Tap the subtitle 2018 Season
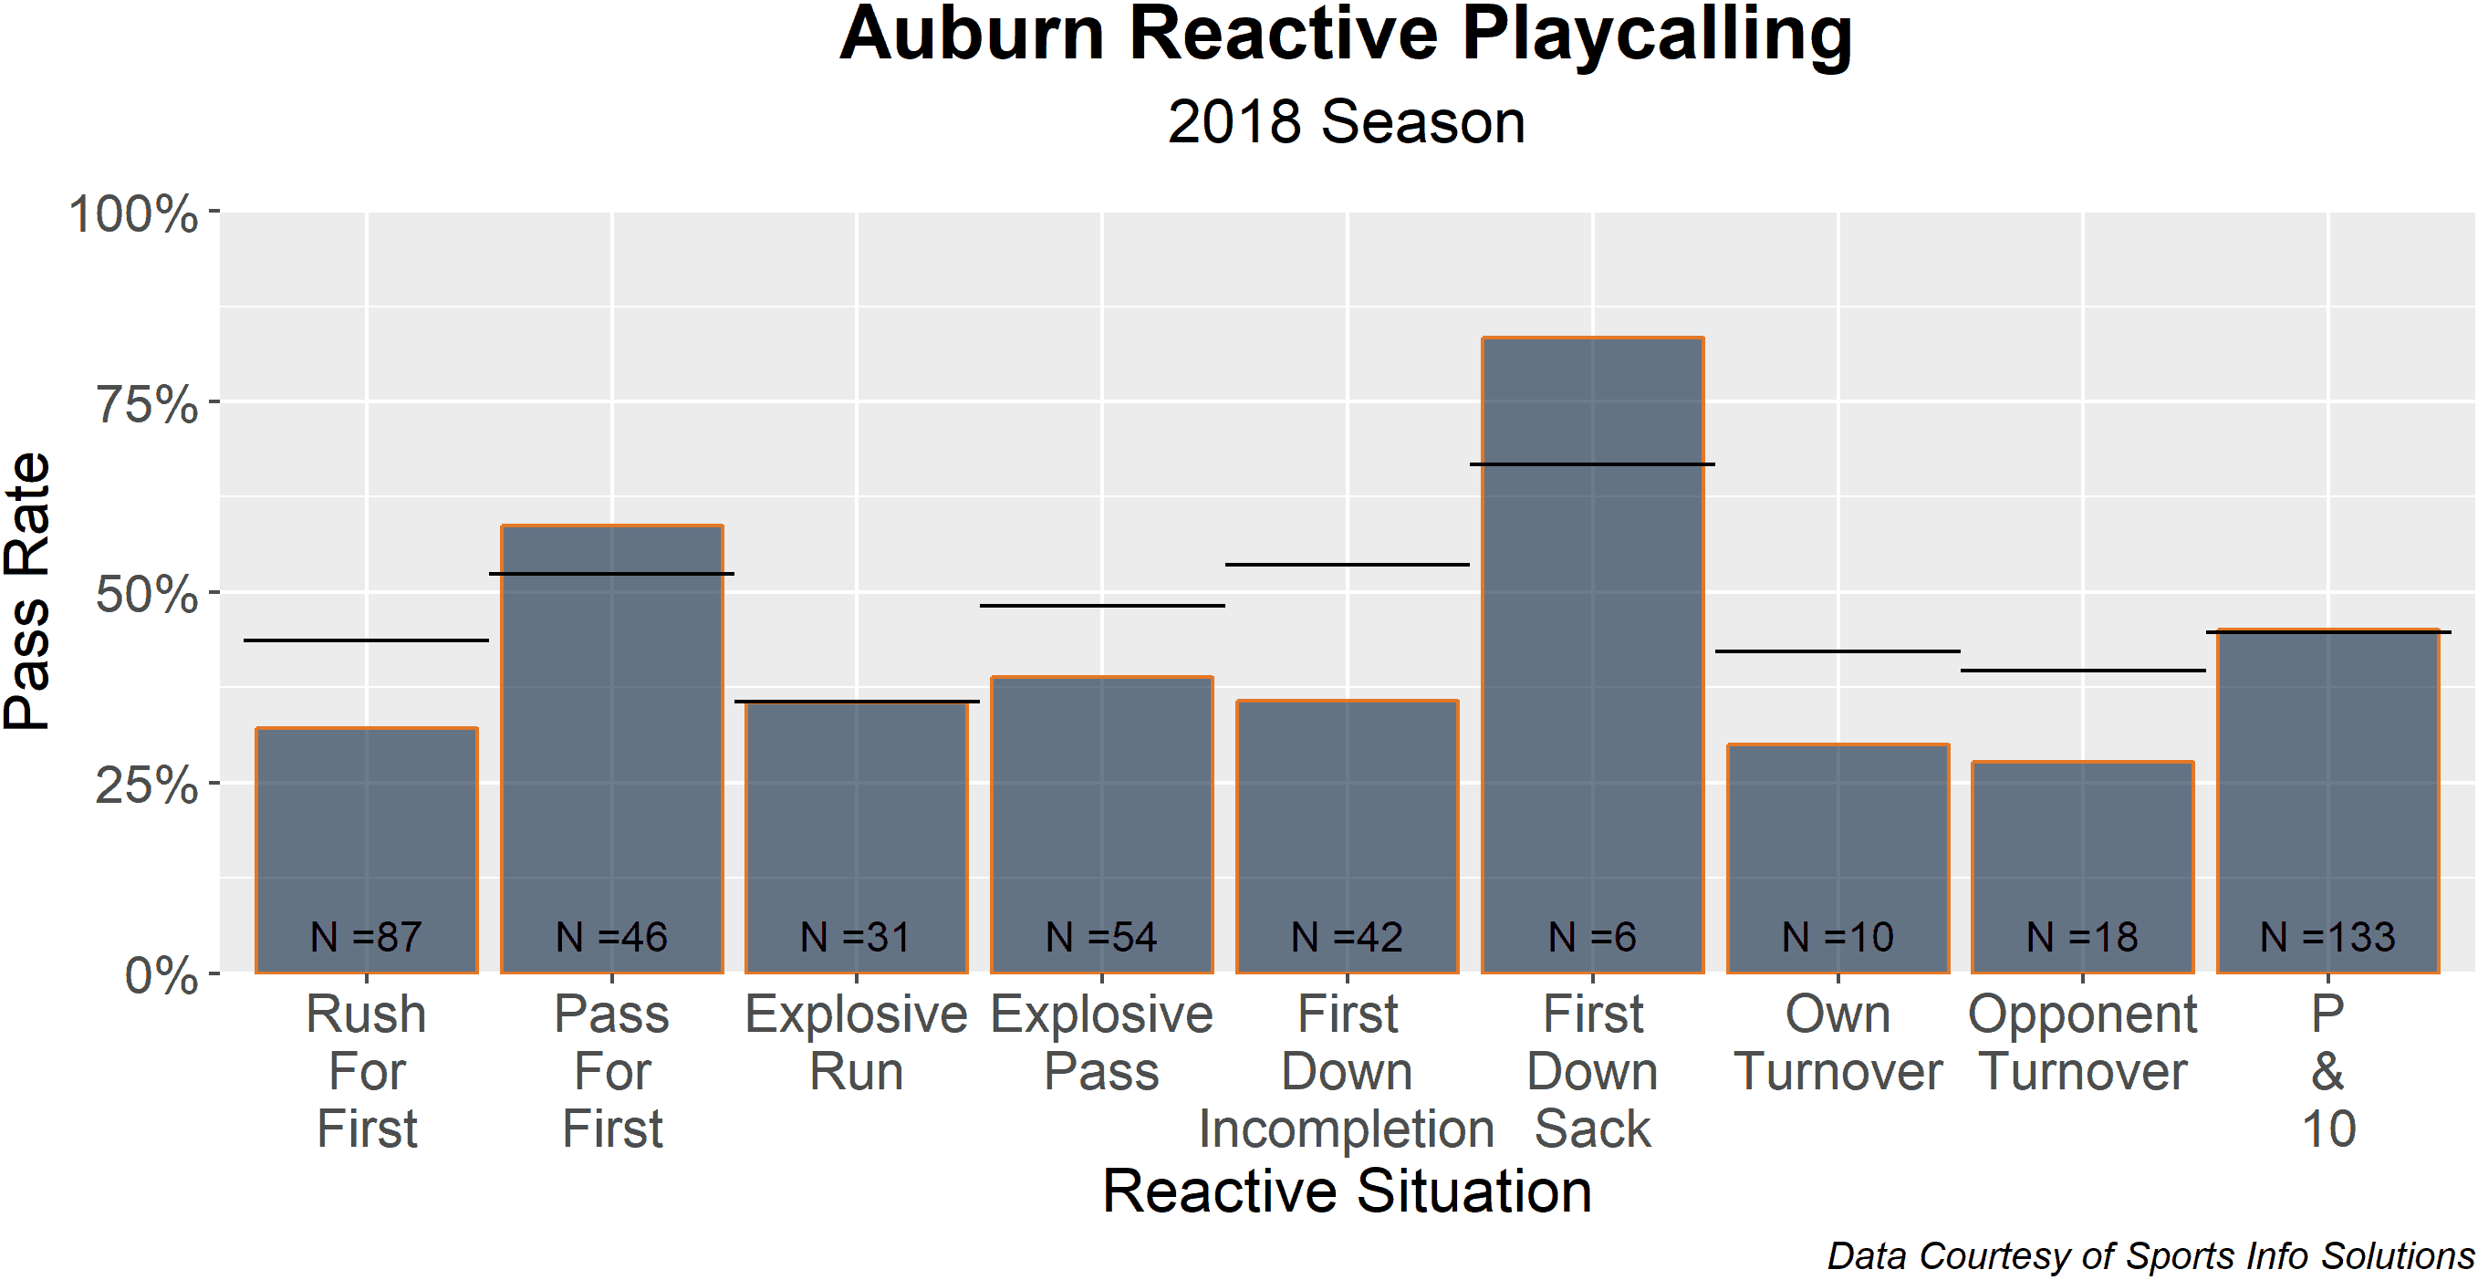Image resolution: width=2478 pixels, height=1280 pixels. pos(1346,122)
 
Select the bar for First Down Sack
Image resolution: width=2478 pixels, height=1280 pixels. pos(1592,655)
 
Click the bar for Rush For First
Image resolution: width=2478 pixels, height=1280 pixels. pos(367,850)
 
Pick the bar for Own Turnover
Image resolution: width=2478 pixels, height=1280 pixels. pos(1838,859)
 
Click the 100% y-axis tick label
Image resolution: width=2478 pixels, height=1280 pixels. pos(133,213)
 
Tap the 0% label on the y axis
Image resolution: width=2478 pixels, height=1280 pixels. pos(161,975)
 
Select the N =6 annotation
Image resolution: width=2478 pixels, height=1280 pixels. pos(1592,937)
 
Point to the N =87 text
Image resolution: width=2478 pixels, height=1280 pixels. pos(367,937)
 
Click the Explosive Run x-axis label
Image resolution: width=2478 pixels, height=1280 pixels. pos(856,1043)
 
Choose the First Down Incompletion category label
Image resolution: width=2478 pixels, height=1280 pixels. pos(1347,1071)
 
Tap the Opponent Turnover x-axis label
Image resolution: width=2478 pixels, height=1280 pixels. pos(2083,1043)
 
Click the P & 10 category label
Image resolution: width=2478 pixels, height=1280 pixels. pos(2328,1071)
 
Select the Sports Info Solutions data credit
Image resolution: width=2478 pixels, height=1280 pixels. pos(2151,1256)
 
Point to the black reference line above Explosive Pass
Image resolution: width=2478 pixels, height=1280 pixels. pos(1101,606)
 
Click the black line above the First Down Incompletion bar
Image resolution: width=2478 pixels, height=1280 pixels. pos(1347,565)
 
